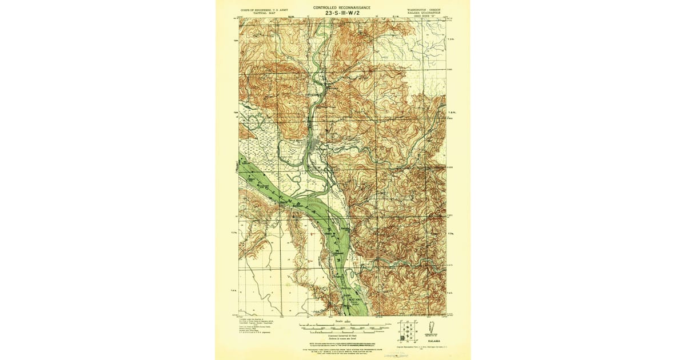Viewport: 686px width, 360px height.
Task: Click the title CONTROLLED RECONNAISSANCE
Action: (341, 7)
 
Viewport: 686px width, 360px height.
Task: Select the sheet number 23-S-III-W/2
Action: (341, 14)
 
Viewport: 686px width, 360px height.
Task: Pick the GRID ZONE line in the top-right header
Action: (424, 17)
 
